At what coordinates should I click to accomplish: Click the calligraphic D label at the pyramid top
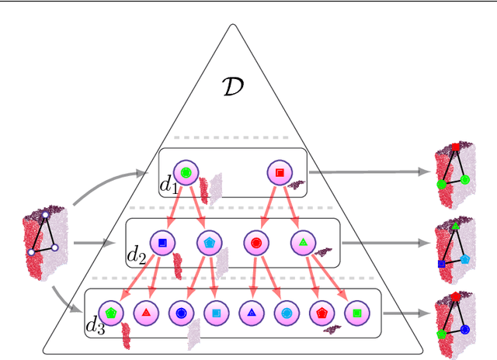(x=232, y=86)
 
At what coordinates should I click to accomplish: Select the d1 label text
(x=169, y=185)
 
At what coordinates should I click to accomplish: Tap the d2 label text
(x=137, y=254)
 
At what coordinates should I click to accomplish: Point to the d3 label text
(x=95, y=326)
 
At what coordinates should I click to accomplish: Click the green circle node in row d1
(x=186, y=171)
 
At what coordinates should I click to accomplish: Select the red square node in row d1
(x=279, y=171)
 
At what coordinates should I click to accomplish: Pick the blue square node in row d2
(x=162, y=242)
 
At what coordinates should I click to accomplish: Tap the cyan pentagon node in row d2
(x=209, y=242)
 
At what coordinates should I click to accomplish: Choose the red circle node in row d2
(x=255, y=242)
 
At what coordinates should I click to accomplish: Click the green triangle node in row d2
(x=303, y=242)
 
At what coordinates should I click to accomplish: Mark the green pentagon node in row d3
(x=111, y=313)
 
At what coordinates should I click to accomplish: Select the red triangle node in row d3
(x=145, y=313)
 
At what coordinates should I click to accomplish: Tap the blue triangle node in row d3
(x=251, y=313)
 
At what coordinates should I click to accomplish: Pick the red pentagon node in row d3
(x=321, y=313)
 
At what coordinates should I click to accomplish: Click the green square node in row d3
(x=356, y=313)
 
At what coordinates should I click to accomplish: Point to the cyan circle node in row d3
(x=286, y=313)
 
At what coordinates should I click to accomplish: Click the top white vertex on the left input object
(x=46, y=215)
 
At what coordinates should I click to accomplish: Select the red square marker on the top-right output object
(x=456, y=147)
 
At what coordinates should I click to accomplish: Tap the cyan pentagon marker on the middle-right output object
(x=464, y=258)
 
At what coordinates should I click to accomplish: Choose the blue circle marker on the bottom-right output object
(x=465, y=329)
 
